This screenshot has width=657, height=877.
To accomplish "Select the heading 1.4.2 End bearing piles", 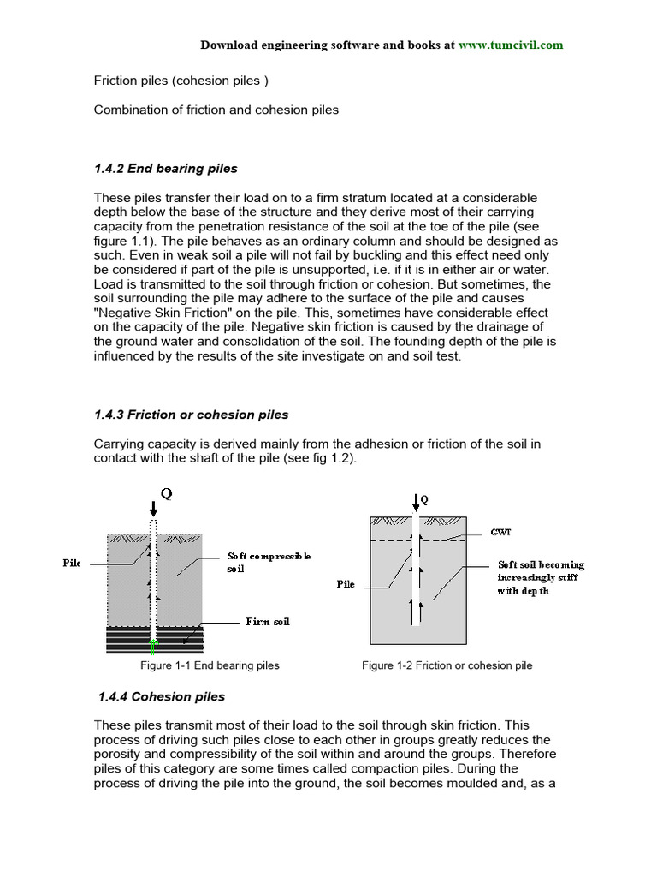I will pyautogui.click(x=165, y=169).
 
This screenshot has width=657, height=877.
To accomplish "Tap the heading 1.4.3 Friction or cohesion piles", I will pyautogui.click(x=191, y=415).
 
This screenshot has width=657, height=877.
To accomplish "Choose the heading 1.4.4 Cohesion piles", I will pyautogui.click(x=160, y=696).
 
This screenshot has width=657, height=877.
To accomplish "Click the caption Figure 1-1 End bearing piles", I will pyautogui.click(x=210, y=665).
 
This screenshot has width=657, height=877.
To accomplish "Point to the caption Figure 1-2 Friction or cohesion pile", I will pyautogui.click(x=447, y=665).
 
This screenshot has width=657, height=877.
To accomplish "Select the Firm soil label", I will pyautogui.click(x=267, y=621).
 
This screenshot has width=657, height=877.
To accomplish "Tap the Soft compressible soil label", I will pyautogui.click(x=269, y=562).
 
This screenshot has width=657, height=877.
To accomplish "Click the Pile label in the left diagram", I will pyautogui.click(x=73, y=564).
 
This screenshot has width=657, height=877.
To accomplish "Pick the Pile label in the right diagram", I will pyautogui.click(x=345, y=584).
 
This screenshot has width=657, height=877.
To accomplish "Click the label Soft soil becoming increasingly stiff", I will pyautogui.click(x=542, y=577).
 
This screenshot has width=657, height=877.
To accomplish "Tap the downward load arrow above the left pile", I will pyautogui.click(x=152, y=508).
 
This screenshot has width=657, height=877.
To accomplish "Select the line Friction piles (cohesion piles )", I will pyautogui.click(x=181, y=81).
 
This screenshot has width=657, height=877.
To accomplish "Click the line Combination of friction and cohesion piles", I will pyautogui.click(x=216, y=110).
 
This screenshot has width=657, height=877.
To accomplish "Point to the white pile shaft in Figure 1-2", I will pyautogui.click(x=415, y=582).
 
